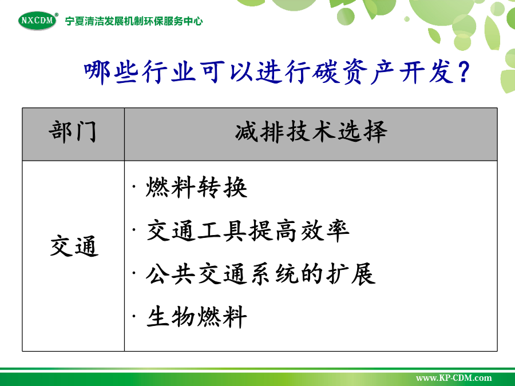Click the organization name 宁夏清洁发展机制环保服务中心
(x=134, y=21)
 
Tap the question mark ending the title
(x=464, y=72)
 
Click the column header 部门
(x=73, y=132)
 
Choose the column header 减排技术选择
(x=311, y=132)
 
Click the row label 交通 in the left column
(x=74, y=245)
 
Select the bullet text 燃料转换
(x=196, y=188)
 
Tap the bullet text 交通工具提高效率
(x=248, y=231)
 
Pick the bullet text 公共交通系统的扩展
(x=261, y=274)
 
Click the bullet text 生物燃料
(x=196, y=317)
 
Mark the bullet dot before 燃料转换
(x=134, y=188)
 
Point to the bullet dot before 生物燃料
(x=134, y=317)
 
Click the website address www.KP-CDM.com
(x=454, y=378)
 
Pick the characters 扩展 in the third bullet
(x=351, y=274)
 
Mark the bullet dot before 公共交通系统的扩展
(x=134, y=274)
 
